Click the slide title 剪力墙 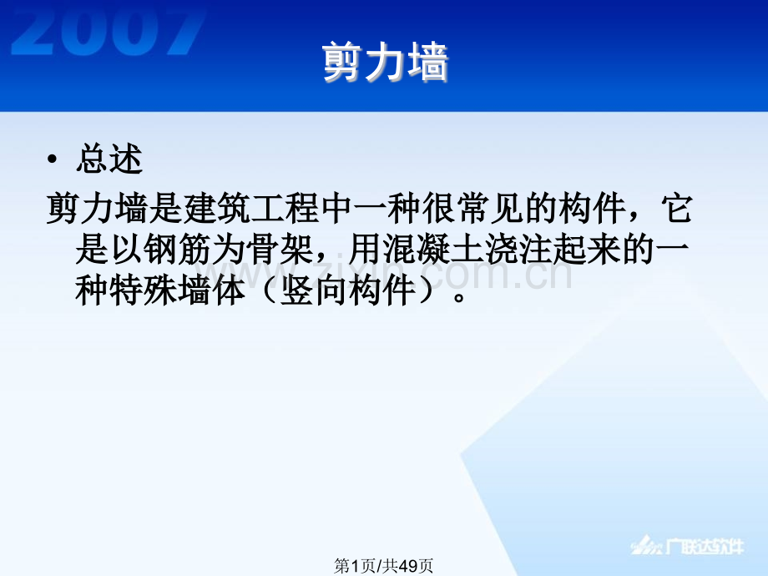[385, 63]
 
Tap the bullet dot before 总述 [54, 159]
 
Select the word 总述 [109, 159]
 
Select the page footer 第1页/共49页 [383, 566]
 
